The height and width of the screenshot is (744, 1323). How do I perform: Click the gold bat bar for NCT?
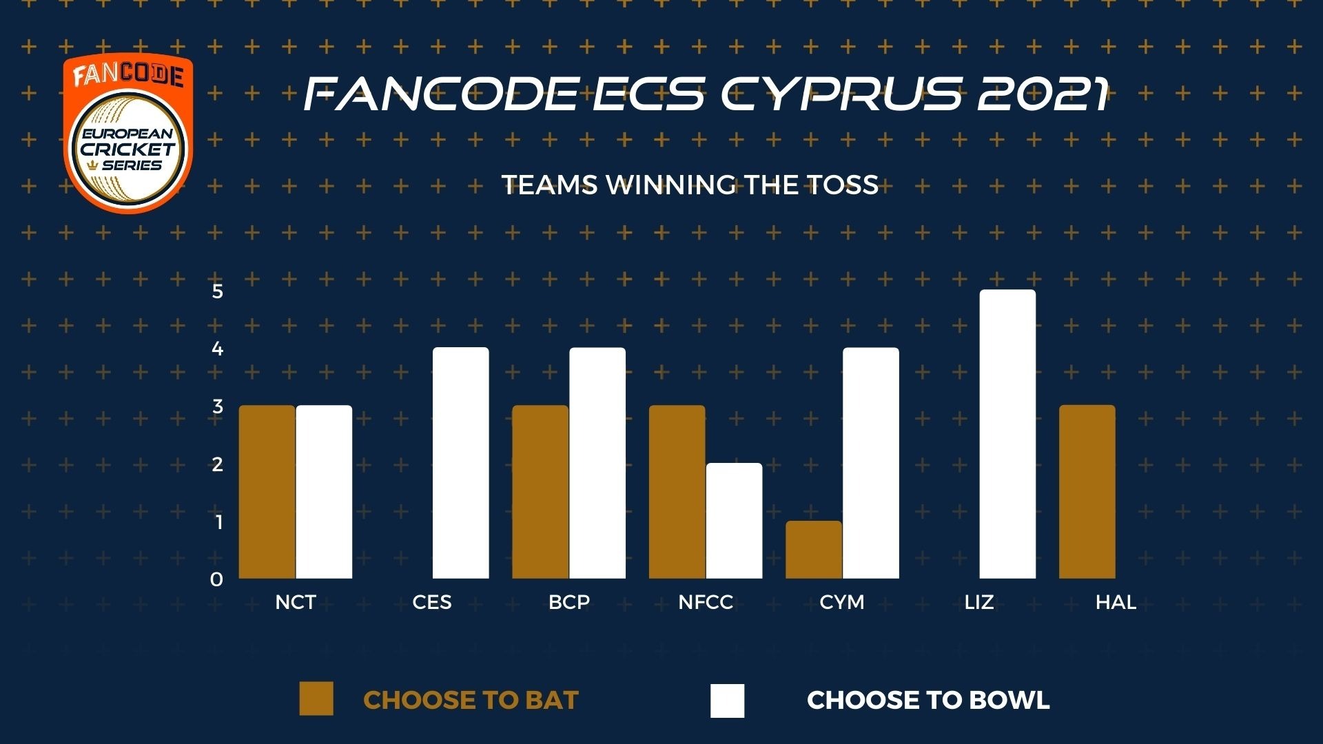coord(267,492)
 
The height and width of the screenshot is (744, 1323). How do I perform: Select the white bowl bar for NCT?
coord(324,492)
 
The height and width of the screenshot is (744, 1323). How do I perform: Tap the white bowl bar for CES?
coord(461,463)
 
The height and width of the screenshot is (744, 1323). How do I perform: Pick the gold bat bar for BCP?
coord(540,492)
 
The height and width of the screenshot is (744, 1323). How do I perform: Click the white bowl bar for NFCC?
coord(735,521)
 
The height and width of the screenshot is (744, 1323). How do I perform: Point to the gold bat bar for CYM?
coord(814,550)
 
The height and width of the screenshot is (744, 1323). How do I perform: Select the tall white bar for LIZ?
coord(1007,434)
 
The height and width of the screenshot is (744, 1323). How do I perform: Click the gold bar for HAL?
coord(1087,492)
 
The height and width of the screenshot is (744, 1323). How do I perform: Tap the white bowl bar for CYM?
coord(871,463)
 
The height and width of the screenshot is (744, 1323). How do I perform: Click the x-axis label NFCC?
coord(706,603)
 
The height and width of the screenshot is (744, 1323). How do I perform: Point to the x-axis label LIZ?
coord(979,603)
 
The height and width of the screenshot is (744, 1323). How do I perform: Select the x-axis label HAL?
coord(1116,603)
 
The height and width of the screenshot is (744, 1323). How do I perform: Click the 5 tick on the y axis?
coord(218,291)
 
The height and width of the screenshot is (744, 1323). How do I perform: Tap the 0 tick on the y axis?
coord(217,580)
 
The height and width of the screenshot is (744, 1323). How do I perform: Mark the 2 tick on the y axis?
coord(218,464)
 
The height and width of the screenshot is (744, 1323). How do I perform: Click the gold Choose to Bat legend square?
coord(316,699)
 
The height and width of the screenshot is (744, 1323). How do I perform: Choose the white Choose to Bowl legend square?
coord(728,701)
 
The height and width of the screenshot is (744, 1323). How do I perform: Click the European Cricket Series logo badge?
coord(128,134)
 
